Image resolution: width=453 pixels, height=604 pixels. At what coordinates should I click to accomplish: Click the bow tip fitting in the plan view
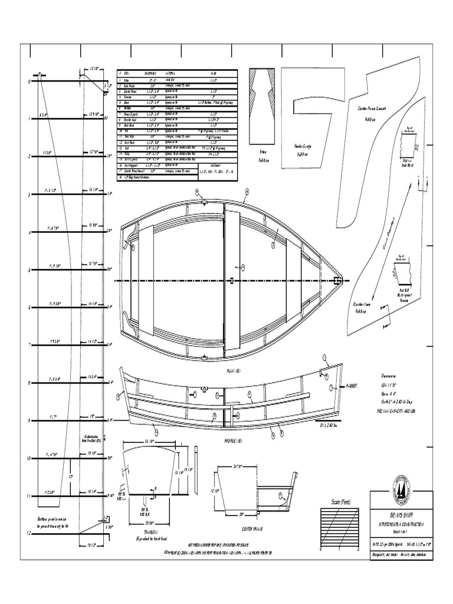click(339, 280)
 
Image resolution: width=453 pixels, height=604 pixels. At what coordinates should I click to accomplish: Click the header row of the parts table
click(178, 73)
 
